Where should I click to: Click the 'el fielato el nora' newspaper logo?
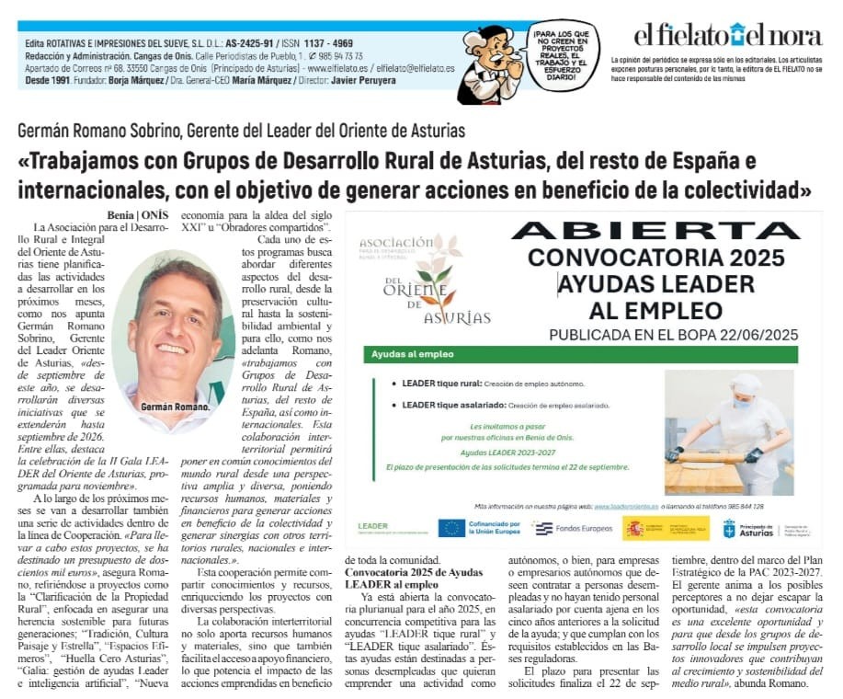click(x=727, y=36)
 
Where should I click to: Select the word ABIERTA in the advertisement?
click(x=655, y=230)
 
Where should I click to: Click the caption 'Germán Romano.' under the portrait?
click(x=175, y=406)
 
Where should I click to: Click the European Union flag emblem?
click(x=451, y=528)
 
